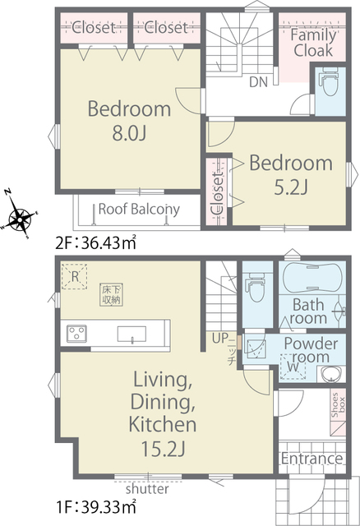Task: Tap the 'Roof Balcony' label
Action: (139, 210)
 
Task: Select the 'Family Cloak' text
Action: (313, 43)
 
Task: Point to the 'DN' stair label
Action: (258, 82)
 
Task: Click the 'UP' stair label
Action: (220, 338)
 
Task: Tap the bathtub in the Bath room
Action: (312, 278)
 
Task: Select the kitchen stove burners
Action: (76, 334)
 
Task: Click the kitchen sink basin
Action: (132, 335)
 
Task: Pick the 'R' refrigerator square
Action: (75, 276)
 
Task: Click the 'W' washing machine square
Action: (293, 367)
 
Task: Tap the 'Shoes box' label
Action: (338, 405)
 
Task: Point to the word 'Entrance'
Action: (312, 459)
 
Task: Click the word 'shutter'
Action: (147, 489)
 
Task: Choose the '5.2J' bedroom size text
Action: (291, 187)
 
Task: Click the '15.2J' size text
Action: (163, 449)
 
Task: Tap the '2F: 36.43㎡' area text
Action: (95, 243)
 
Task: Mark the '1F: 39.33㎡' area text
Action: (95, 506)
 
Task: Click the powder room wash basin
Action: (331, 375)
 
